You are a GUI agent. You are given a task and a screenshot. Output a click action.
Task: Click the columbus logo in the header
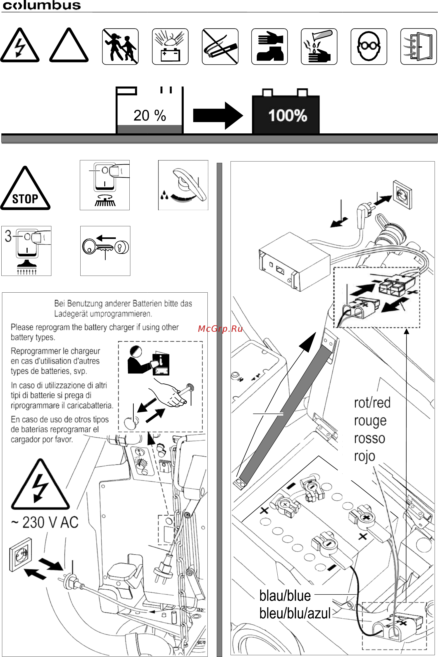(42, 6)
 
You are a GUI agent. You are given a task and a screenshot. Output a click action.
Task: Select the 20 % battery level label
(150, 116)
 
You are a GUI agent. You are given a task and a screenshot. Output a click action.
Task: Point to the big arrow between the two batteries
(218, 116)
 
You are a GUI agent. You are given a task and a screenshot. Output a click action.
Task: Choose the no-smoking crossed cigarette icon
(220, 46)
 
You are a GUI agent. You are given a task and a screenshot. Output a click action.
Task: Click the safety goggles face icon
(369, 46)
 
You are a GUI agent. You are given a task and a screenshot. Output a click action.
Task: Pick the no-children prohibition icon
(120, 46)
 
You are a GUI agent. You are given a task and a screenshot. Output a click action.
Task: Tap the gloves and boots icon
(269, 46)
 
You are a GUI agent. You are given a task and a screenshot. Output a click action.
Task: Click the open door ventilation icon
(418, 46)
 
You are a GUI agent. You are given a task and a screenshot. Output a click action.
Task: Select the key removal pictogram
(105, 250)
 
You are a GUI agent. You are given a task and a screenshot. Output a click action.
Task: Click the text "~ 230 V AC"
(45, 522)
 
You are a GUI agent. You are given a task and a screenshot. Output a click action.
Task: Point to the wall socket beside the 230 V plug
(20, 554)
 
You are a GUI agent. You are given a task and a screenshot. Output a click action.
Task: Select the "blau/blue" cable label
(285, 595)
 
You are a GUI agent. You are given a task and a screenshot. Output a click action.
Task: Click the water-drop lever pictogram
(183, 185)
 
